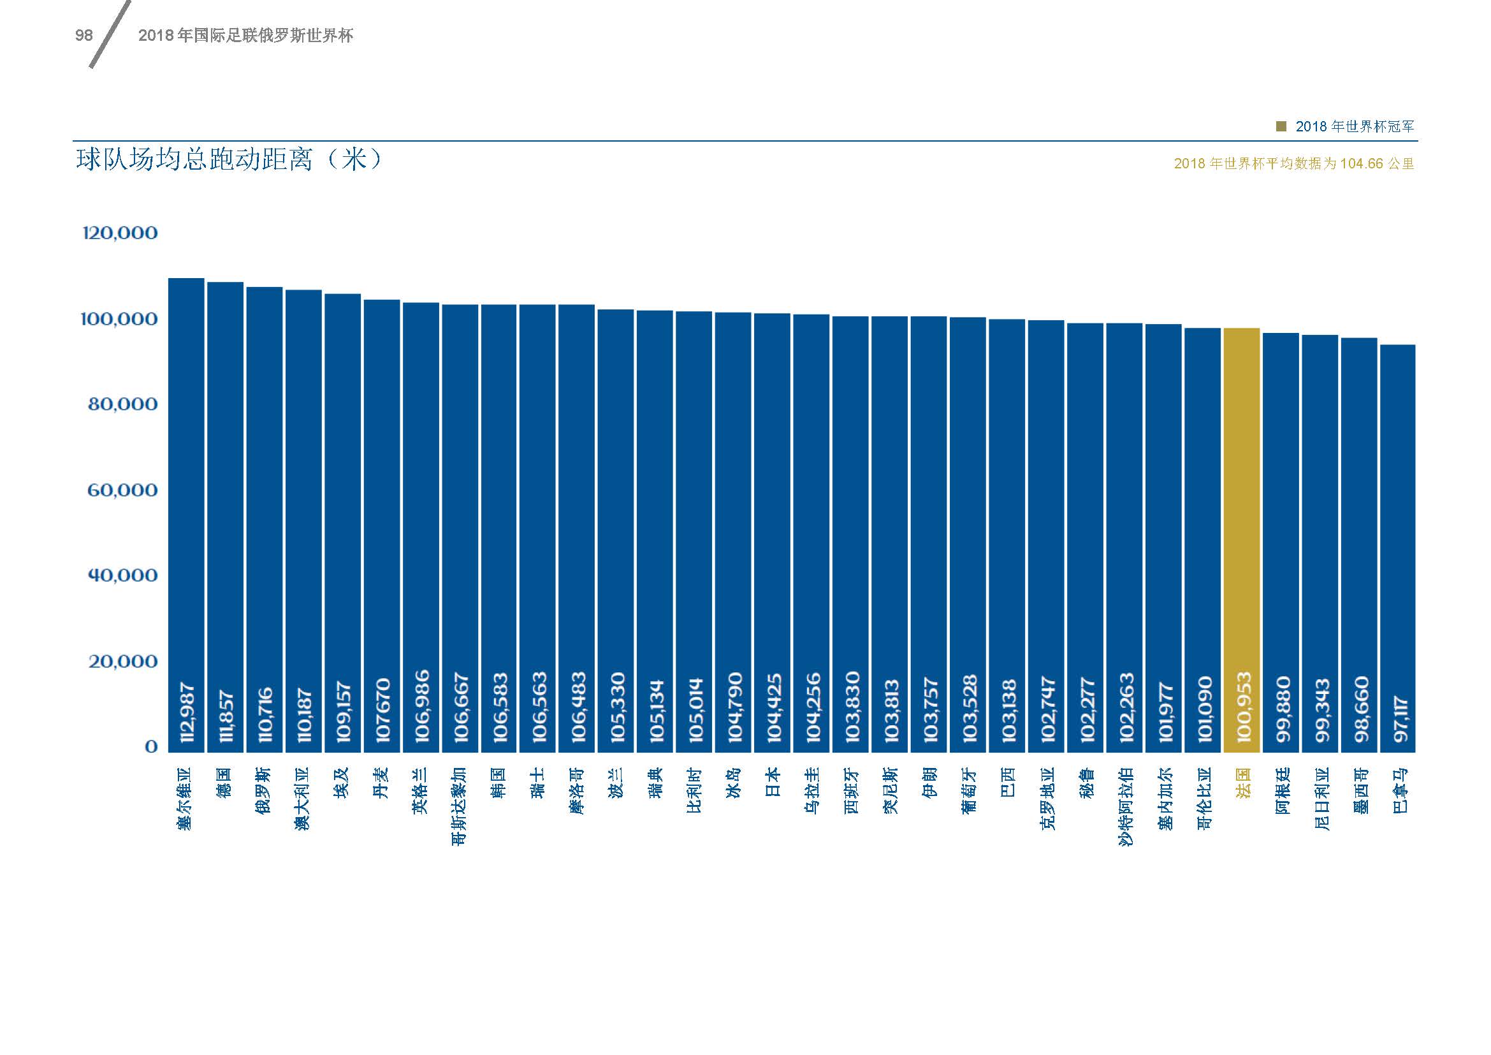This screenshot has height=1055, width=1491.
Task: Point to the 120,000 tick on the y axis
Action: [x=120, y=233]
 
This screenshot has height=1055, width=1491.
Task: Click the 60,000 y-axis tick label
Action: [x=123, y=490]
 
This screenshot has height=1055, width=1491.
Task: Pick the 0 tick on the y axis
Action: [x=151, y=746]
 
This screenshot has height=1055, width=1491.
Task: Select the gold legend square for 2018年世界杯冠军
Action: [x=1281, y=127]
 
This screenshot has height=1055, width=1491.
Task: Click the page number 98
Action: [x=84, y=36]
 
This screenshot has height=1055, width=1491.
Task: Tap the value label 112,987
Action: [x=186, y=712]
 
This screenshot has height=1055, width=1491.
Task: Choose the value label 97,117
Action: [x=1397, y=719]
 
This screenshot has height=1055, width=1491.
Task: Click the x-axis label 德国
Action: [x=224, y=783]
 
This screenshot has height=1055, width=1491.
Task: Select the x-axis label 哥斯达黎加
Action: [x=459, y=806]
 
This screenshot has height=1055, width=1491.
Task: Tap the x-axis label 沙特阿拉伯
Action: [x=1124, y=806]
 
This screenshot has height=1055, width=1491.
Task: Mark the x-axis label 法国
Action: [x=1242, y=783]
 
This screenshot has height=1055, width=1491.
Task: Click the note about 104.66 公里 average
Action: [x=1293, y=164]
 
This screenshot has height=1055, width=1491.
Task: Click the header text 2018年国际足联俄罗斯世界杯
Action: [x=245, y=36]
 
